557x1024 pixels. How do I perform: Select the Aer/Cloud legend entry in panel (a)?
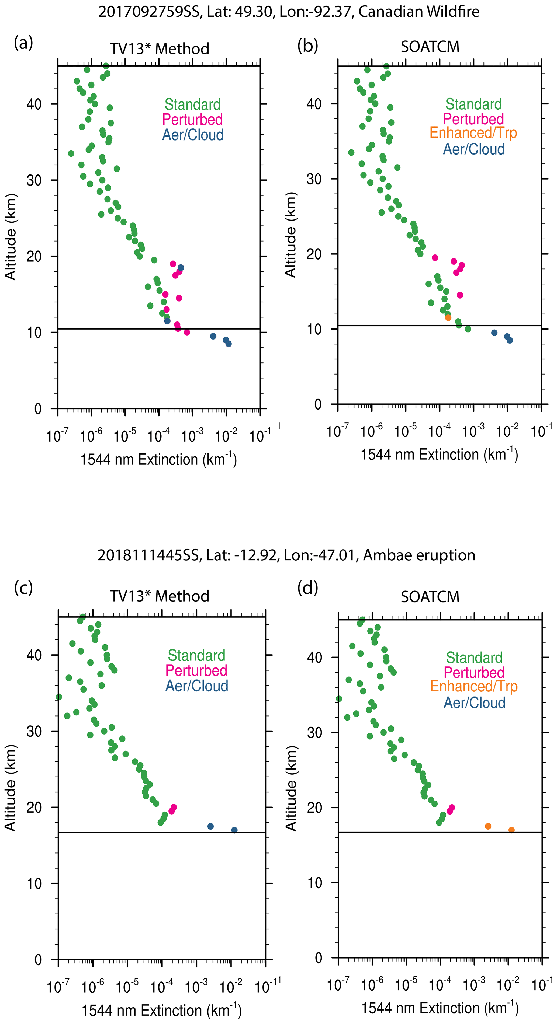(x=193, y=135)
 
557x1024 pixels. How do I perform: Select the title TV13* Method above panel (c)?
(x=159, y=596)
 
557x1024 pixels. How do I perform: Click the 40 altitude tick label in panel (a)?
(x=34, y=104)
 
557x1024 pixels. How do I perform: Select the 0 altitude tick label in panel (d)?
(x=318, y=958)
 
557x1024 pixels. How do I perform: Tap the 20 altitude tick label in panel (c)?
(x=34, y=807)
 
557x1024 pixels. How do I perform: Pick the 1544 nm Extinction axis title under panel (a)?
(x=158, y=460)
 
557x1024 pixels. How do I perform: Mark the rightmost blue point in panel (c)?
(x=234, y=830)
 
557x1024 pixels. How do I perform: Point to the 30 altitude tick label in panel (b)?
(x=314, y=179)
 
